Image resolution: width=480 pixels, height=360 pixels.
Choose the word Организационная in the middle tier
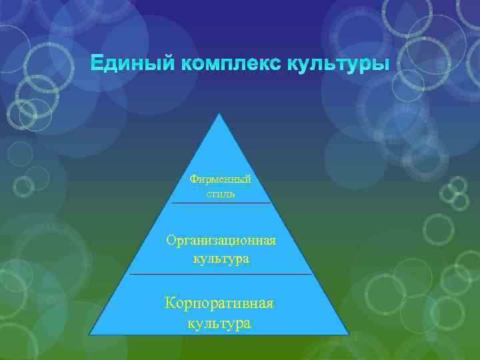pos(221,240)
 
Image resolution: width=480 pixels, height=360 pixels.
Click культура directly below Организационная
pos(221,258)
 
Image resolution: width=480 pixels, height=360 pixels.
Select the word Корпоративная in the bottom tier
pos(220,303)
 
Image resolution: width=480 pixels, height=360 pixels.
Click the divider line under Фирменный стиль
pos(221,203)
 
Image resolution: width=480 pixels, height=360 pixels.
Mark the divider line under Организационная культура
pos(221,274)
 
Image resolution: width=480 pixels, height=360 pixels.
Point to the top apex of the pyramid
pos(219,113)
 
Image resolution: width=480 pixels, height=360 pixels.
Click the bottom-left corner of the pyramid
pos(90,334)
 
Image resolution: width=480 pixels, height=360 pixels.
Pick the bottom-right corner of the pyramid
pos(348,334)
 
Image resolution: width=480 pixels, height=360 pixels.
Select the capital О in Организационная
pos(171,240)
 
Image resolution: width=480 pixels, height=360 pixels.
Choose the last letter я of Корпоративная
pos(269,304)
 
